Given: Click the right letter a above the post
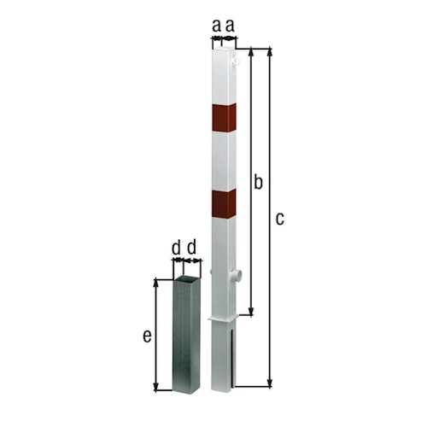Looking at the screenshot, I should pyautogui.click(x=230, y=26).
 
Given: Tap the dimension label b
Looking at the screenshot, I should pyautogui.click(x=259, y=181).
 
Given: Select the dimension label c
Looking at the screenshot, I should pyautogui.click(x=279, y=219).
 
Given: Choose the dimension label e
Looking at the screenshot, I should pyautogui.click(x=147, y=336).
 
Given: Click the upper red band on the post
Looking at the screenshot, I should pyautogui.click(x=223, y=119).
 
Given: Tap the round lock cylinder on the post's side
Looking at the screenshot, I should pyautogui.click(x=237, y=276).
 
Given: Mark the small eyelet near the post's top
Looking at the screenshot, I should pyautogui.click(x=238, y=61).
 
